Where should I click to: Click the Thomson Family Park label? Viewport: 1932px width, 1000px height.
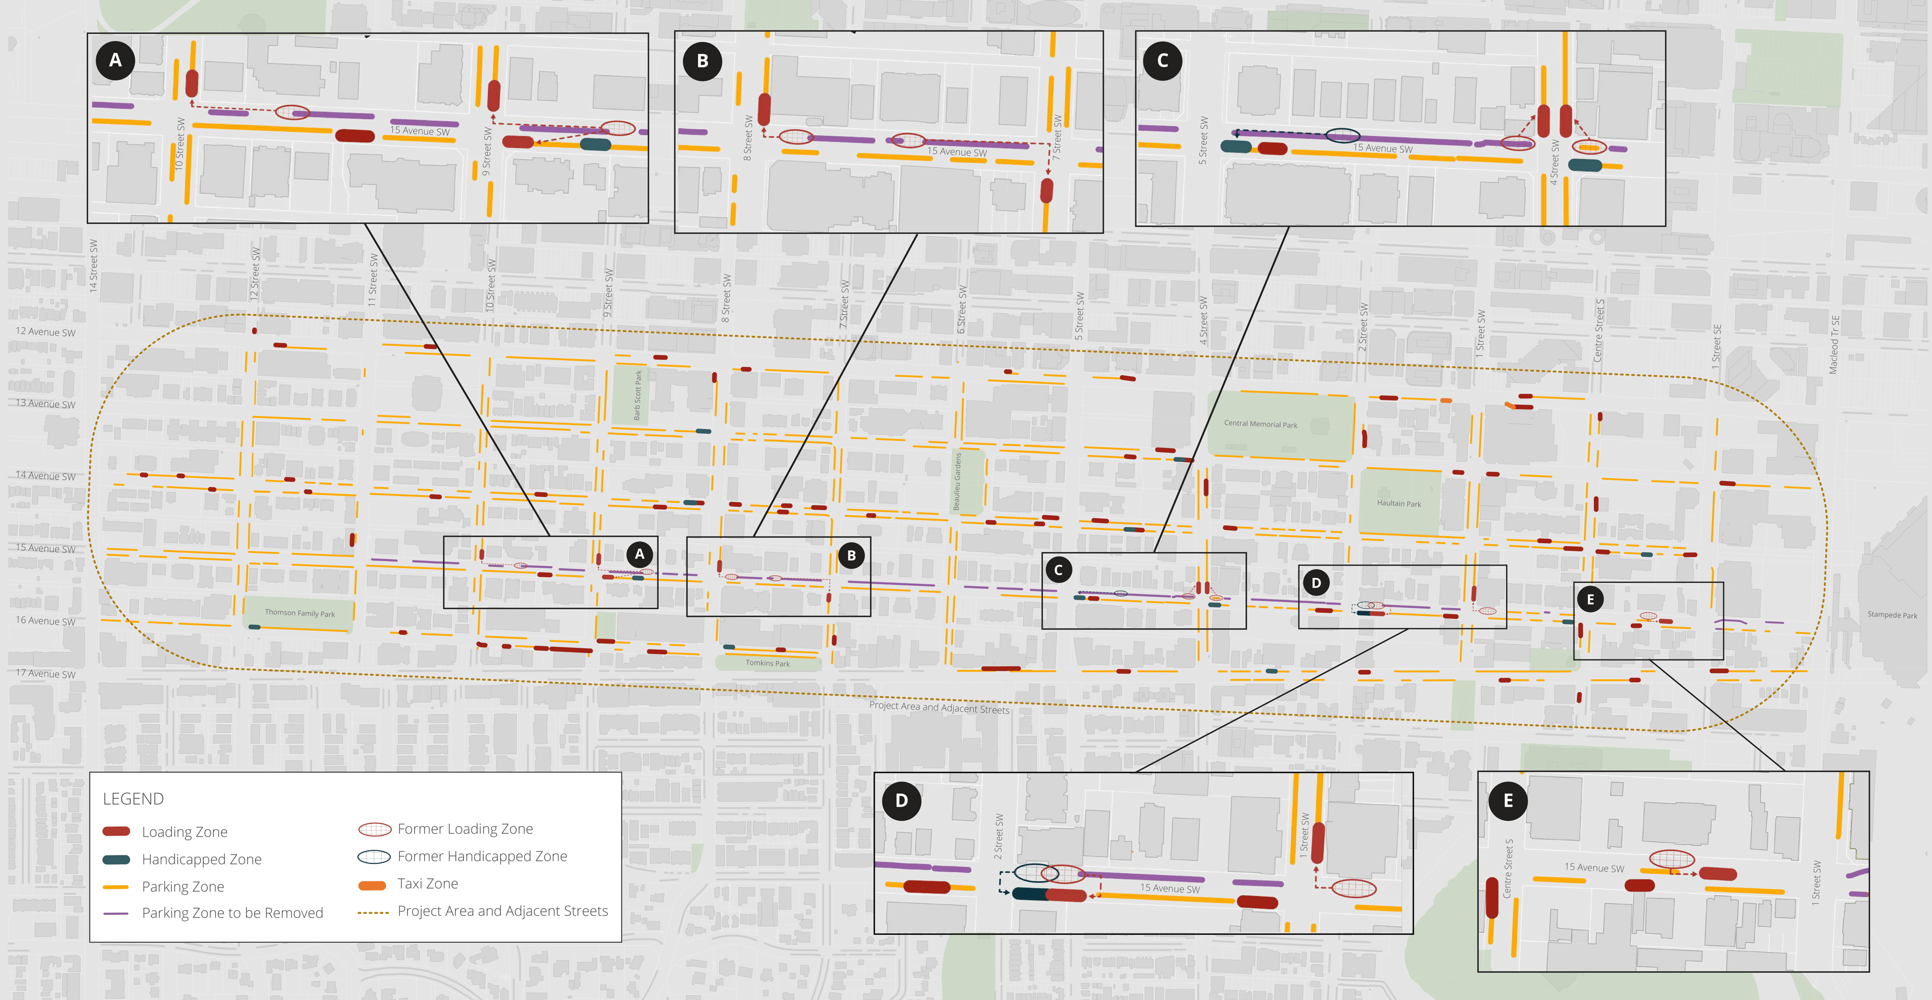click(299, 613)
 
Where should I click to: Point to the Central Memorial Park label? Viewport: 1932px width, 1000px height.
click(1260, 424)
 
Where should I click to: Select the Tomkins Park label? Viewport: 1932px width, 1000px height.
click(767, 663)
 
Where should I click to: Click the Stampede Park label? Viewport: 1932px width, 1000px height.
click(1892, 615)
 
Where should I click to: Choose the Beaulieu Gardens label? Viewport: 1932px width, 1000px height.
click(957, 481)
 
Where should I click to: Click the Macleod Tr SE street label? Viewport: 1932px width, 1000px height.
click(1834, 345)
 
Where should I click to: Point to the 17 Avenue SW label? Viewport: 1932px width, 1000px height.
click(46, 673)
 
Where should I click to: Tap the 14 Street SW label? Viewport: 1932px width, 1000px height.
click(94, 265)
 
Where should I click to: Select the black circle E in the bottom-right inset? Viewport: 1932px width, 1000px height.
click(1508, 801)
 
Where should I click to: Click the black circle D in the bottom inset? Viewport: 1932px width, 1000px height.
click(902, 801)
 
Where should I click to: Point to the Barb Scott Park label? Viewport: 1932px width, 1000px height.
click(638, 395)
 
